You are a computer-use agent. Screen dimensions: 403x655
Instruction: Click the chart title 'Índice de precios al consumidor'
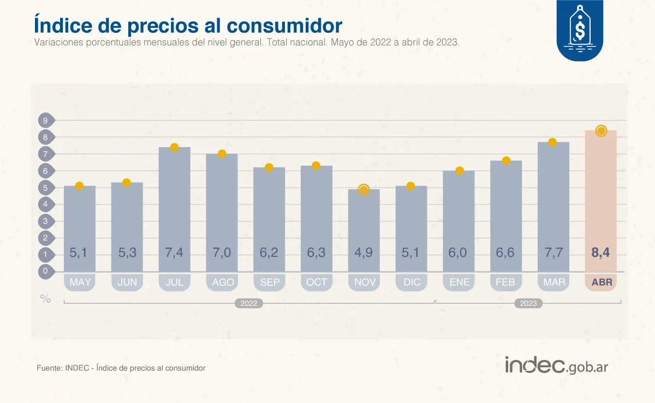(188, 25)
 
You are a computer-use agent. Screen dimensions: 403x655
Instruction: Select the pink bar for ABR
(600, 202)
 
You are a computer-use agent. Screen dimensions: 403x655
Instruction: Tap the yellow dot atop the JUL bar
(174, 147)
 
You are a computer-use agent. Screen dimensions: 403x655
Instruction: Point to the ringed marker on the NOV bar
(364, 189)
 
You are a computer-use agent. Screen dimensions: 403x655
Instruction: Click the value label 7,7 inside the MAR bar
(553, 253)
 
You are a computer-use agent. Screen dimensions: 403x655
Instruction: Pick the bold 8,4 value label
(600, 253)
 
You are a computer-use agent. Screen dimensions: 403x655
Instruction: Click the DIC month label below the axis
(411, 282)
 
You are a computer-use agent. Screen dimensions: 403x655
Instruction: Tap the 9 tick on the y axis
(46, 121)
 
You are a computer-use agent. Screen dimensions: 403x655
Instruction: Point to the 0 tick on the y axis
(46, 271)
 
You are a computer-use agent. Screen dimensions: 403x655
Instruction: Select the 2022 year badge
(249, 304)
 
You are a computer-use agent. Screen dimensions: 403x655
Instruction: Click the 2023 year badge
(528, 304)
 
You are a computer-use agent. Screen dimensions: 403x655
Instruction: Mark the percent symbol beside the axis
(45, 298)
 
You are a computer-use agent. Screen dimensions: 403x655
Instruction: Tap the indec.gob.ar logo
(556, 365)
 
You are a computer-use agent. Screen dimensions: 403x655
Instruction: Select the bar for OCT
(316, 218)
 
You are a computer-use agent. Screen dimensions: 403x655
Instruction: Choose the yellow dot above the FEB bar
(506, 160)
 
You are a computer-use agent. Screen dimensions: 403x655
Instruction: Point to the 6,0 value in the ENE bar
(458, 253)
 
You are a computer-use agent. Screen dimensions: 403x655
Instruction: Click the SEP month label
(269, 282)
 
